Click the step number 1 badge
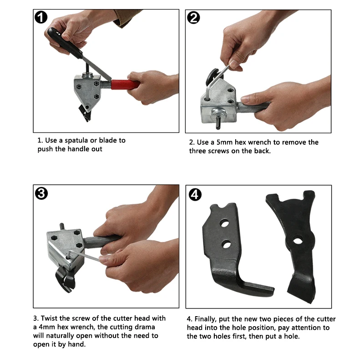[41, 18]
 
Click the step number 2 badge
[193, 18]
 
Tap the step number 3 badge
[41, 193]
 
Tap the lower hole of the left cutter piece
[226, 245]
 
